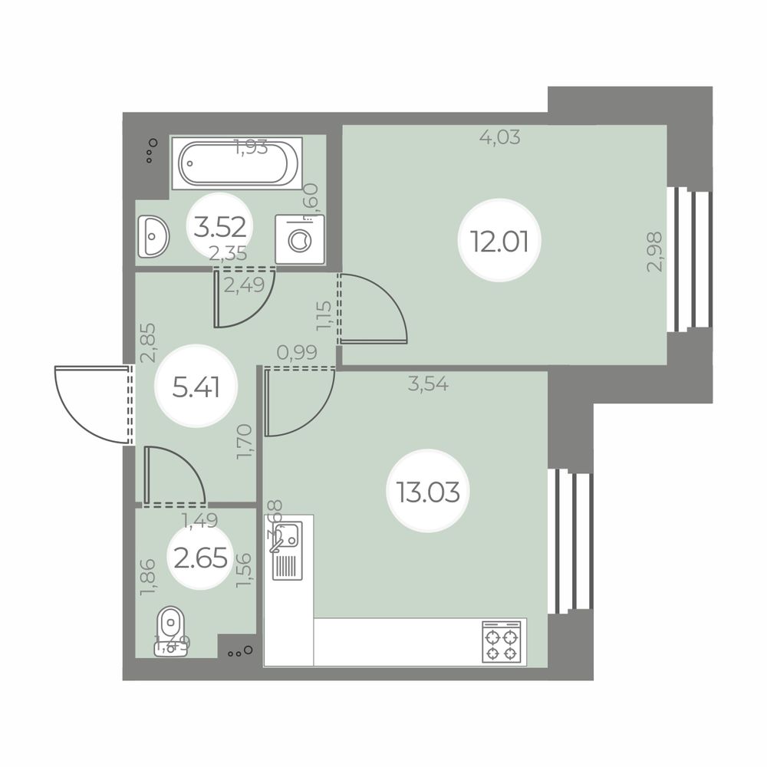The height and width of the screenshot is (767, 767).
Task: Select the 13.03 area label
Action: coord(428,490)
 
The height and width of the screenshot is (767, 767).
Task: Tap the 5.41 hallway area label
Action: coord(196,388)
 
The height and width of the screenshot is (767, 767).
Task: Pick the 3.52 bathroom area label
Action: coord(220,227)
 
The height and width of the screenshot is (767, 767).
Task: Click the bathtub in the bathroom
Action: coord(236,163)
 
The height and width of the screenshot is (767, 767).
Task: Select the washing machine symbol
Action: coord(299,239)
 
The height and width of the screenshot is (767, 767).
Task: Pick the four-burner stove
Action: coord(501,642)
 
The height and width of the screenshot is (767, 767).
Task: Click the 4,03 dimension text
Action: coord(500,138)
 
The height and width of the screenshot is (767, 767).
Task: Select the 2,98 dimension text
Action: coord(654,252)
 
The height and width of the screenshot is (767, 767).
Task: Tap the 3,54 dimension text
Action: coord(428,385)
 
